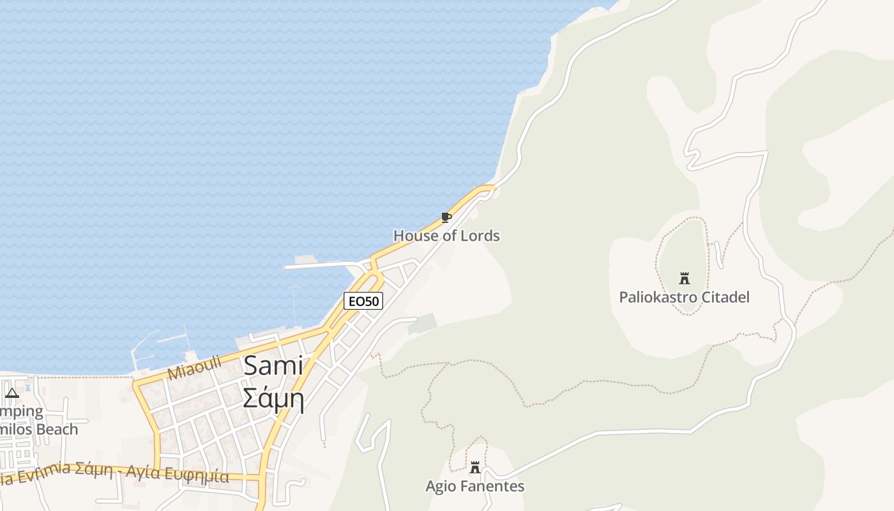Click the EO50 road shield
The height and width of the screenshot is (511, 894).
363,301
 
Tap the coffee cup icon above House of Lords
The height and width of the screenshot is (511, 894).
446,218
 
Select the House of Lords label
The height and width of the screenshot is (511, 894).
446,236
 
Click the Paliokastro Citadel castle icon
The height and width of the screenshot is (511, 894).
685,278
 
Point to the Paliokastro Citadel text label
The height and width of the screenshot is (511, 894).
684,297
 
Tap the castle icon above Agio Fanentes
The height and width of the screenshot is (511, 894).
474,467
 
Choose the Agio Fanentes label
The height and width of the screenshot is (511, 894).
475,486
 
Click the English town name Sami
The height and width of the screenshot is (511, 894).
273,366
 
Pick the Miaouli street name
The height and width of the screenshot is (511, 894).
194,368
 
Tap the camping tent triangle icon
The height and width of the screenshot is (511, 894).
12,393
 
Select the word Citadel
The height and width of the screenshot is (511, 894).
725,297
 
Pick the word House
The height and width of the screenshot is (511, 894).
413,236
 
